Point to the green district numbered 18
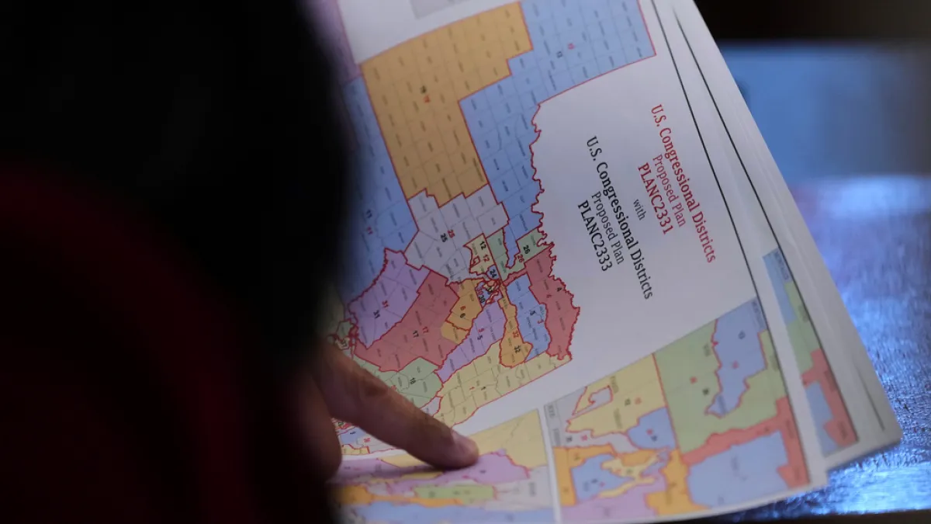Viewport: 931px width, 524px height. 411,380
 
